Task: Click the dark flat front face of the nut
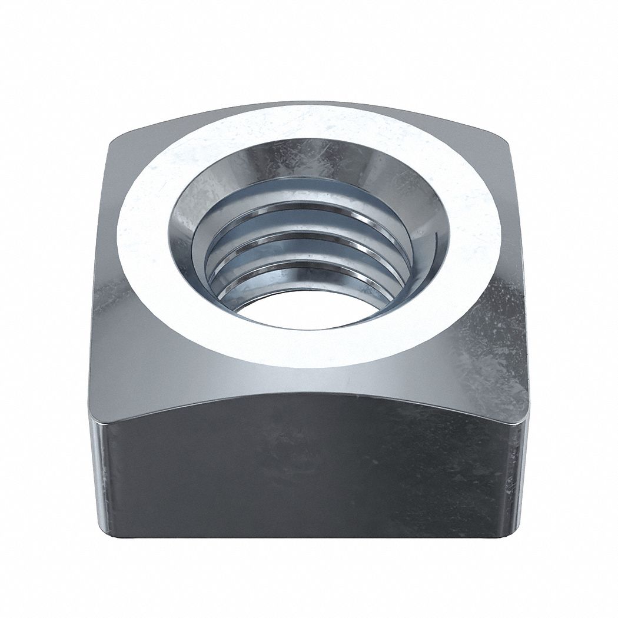[x=306, y=471]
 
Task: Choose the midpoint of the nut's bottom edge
[x=309, y=537]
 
